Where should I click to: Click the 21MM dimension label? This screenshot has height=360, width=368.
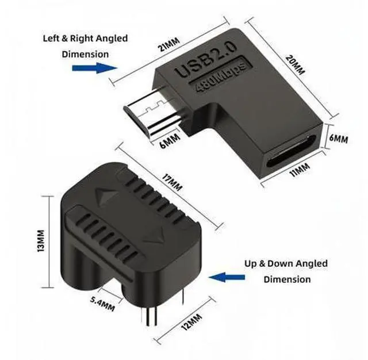point(169,44)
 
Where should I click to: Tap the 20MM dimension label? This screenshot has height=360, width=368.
point(295,64)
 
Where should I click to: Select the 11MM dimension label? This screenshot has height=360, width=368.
point(300,170)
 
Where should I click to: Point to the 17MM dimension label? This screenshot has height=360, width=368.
point(172,182)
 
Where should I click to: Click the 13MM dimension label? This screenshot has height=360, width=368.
point(40,241)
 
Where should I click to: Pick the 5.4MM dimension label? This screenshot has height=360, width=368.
point(102,304)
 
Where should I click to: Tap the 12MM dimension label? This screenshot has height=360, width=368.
point(191,321)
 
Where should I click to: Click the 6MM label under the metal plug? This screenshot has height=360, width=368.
point(170,140)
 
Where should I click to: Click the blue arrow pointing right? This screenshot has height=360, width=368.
point(94,68)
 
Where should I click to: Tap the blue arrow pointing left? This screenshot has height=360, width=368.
point(227,277)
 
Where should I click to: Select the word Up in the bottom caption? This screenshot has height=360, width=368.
point(251,264)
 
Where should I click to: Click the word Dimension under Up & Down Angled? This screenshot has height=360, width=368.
point(287,279)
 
